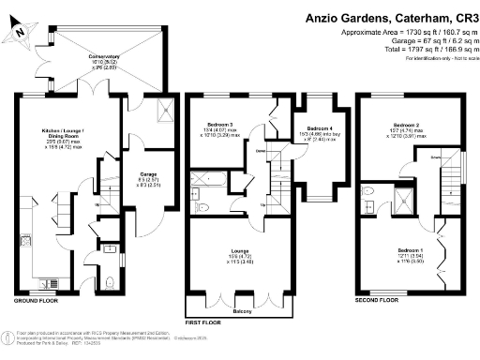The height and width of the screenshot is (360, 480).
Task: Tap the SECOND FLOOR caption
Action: pyautogui.click(x=375, y=300)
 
